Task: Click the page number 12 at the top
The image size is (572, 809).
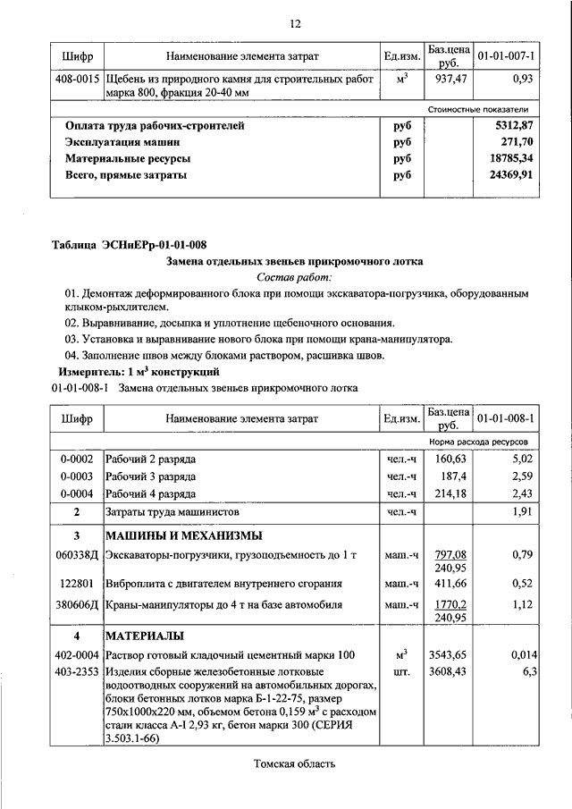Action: click(295, 22)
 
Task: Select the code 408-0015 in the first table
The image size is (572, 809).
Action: click(78, 80)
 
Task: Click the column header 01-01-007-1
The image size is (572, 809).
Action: click(506, 57)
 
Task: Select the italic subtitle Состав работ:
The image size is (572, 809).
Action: click(294, 277)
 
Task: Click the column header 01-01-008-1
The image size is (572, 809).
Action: click(506, 417)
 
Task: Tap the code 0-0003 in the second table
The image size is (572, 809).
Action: click(78, 476)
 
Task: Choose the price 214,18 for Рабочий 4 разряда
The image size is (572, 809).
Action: click(448, 493)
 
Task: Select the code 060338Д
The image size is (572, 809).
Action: click(78, 555)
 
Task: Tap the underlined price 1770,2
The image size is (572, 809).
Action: click(448, 603)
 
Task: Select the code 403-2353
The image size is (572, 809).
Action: click(78, 670)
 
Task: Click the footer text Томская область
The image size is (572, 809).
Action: click(294, 763)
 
